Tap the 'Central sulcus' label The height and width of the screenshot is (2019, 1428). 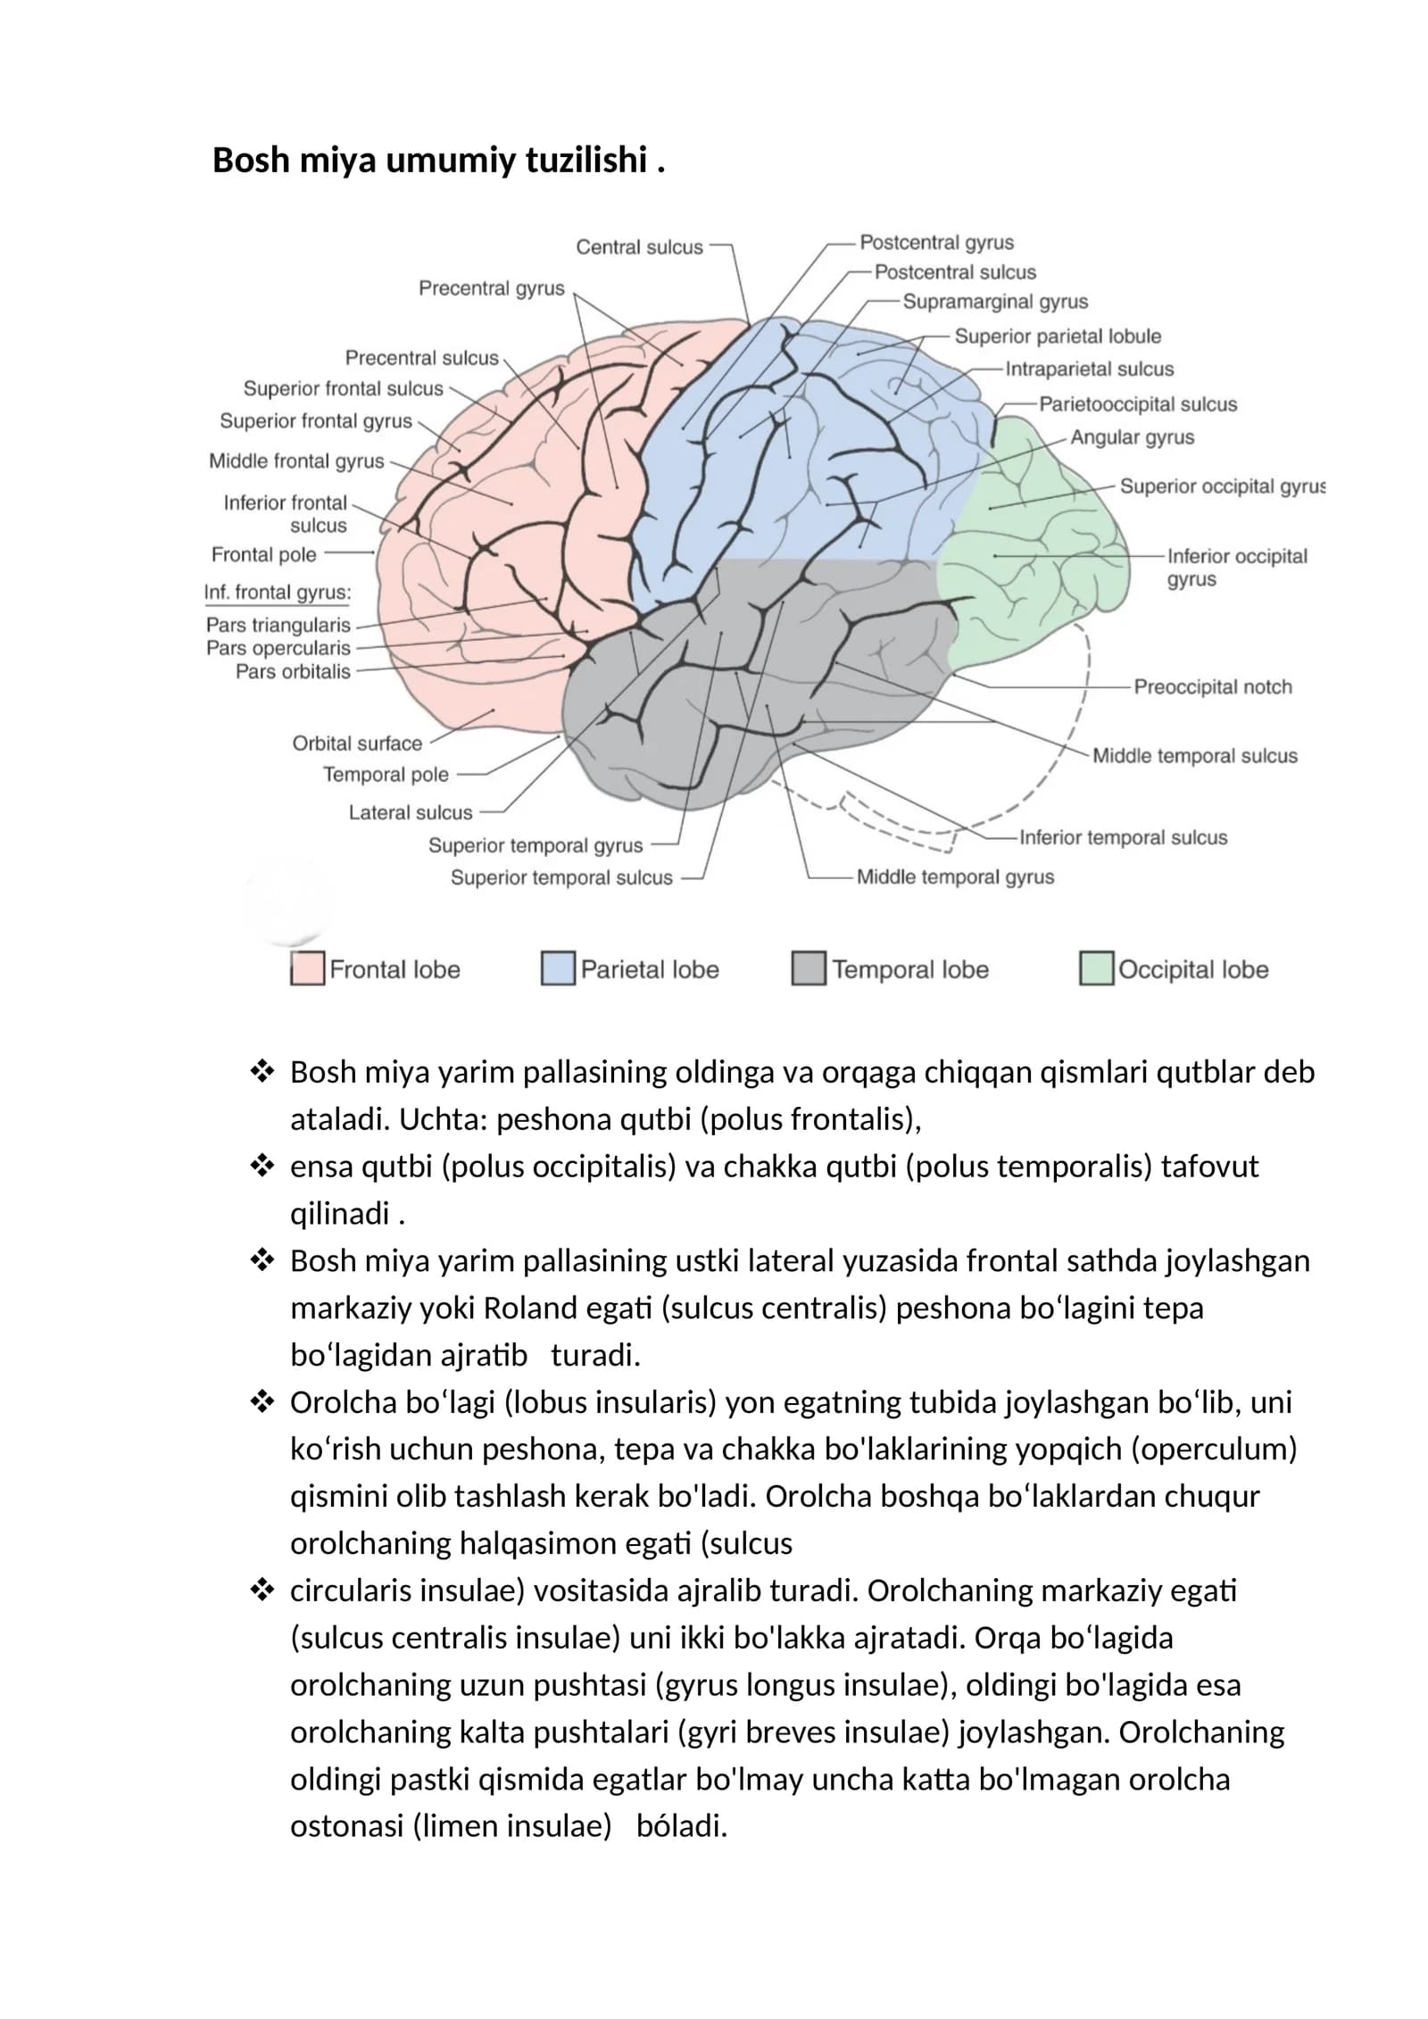pos(639,247)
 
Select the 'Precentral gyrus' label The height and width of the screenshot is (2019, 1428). pos(492,288)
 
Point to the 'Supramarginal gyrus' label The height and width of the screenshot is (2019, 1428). pos(995,302)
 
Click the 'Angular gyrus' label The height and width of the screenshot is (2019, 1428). pos(1132,437)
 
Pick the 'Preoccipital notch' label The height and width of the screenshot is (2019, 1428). pos(1213,686)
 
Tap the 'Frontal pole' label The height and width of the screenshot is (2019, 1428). pos(264,554)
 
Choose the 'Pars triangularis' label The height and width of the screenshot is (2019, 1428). pos(278,625)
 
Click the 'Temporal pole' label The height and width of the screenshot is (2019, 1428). pos(386,775)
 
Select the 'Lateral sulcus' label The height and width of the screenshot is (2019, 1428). pos(411,812)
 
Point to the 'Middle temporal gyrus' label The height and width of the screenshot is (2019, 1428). pos(955,877)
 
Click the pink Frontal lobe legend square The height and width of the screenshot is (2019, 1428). pos(307,968)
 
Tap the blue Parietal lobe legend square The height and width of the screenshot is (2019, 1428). pos(558,968)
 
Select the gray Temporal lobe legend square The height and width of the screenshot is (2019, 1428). pos(809,968)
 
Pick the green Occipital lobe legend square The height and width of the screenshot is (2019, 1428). pos(1096,968)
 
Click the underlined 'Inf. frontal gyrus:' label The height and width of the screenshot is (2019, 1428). pos(278,593)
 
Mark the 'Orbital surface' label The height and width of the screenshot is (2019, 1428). pos(357,744)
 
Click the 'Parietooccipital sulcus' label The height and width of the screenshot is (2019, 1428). pos(1138,404)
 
